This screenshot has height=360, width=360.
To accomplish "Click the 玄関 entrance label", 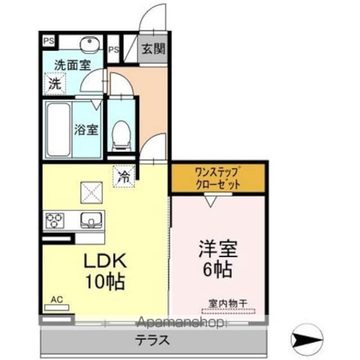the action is tap(153, 49).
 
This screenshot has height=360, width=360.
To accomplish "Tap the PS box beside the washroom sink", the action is tap(49, 41).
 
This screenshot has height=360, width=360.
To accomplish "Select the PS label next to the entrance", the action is tap(114, 49).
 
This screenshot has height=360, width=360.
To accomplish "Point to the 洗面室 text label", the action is tap(73, 65).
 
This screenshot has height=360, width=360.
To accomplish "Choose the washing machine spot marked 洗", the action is tap(55, 84).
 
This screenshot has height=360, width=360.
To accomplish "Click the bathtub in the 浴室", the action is tap(58, 130).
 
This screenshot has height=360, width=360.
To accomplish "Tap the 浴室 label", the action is tap(86, 130).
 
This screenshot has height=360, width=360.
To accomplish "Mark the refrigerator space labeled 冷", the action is tap(124, 177).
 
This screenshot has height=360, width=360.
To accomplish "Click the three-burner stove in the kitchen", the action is tap(55, 220).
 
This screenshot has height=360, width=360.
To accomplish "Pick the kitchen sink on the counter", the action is tap(91, 220).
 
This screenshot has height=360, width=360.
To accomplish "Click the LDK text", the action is tap(105, 260).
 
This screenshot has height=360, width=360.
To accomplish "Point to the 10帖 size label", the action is tap(105, 281).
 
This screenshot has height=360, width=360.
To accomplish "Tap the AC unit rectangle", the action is tap(57, 308).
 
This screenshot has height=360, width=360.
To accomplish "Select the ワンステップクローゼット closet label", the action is tap(218, 178).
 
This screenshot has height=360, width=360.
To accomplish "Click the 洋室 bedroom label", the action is tap(218, 249).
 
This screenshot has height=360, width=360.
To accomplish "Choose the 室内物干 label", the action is tap(228, 304).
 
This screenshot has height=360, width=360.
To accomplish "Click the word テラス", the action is tap(152, 340).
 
